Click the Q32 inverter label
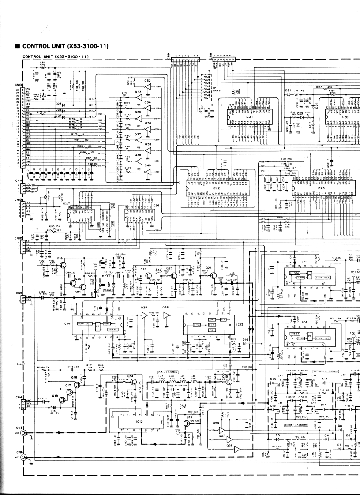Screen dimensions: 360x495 click(x=147, y=81)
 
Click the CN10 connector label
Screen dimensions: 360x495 click(x=18, y=85)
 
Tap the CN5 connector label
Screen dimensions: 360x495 click(x=18, y=293)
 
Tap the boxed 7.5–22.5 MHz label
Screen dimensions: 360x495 click(x=166, y=373)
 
